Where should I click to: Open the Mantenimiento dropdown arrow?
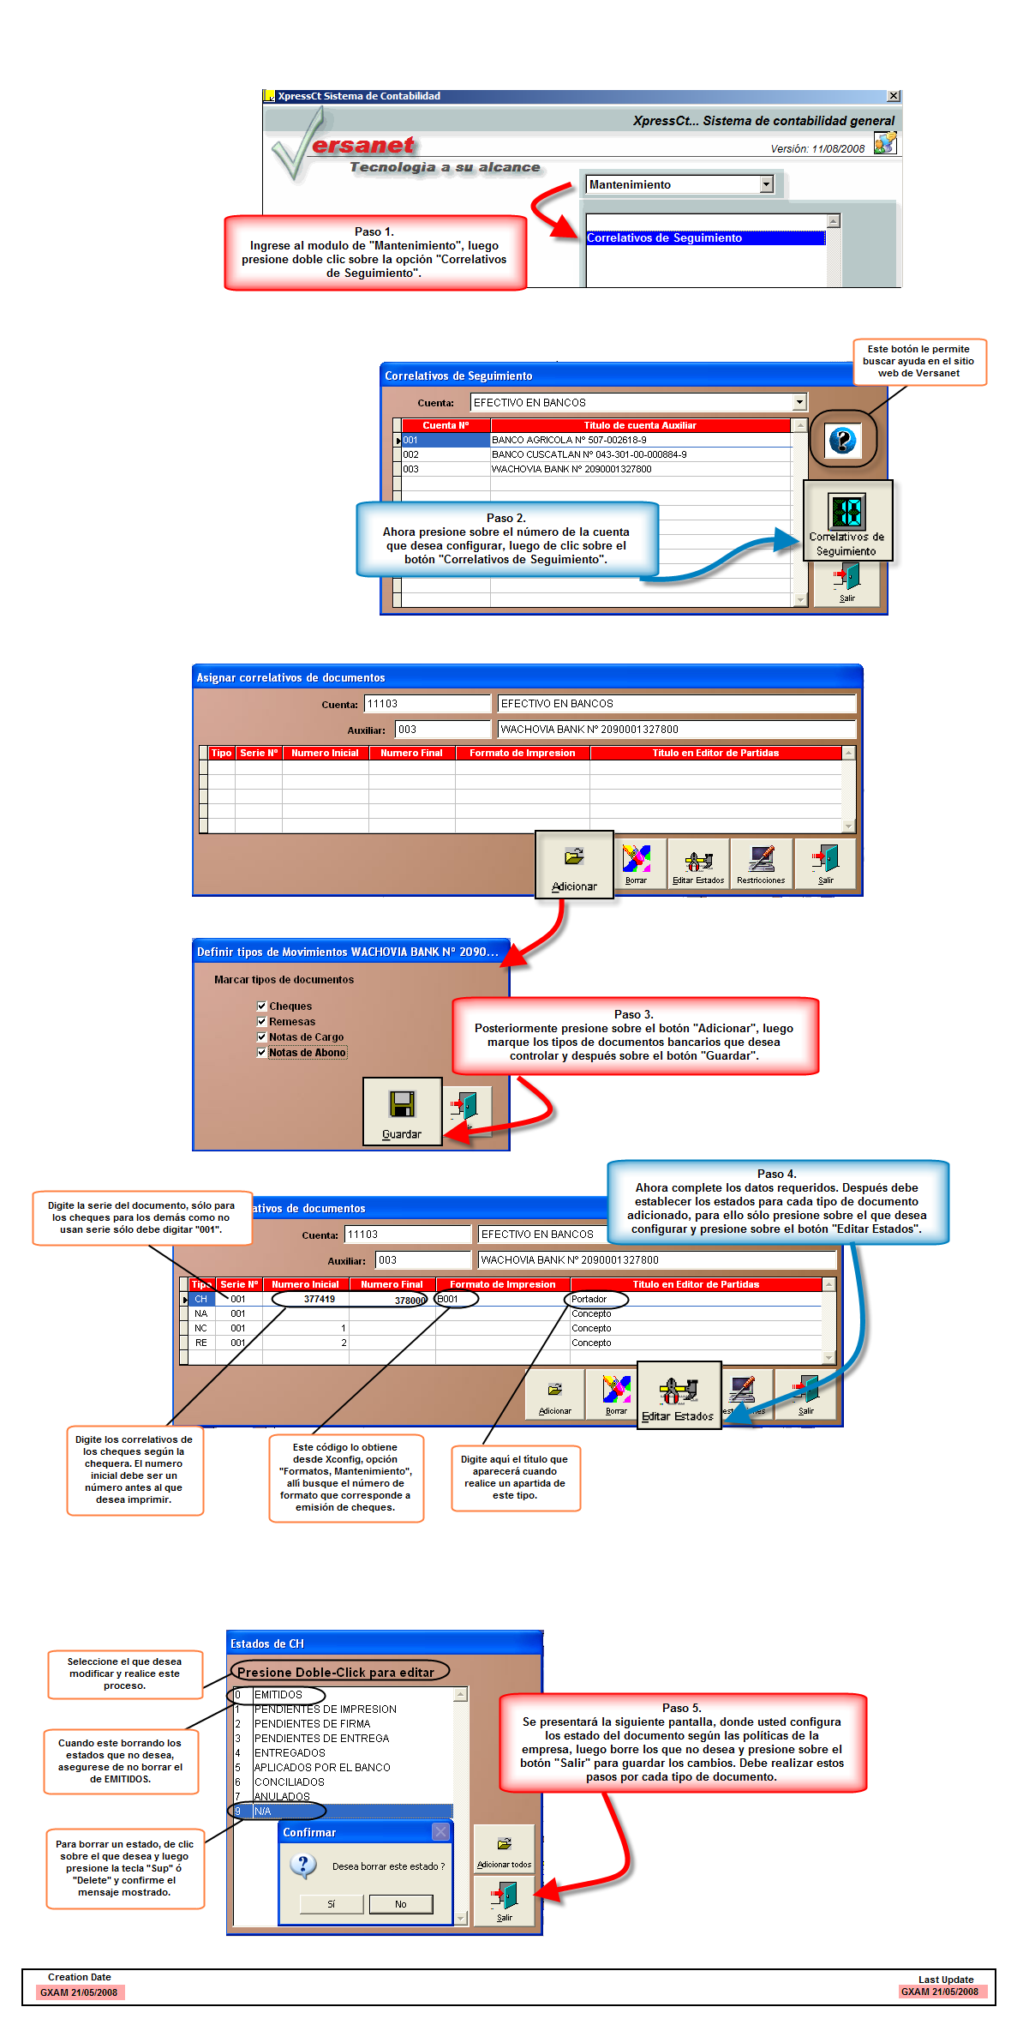(x=766, y=184)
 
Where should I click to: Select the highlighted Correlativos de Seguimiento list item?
(x=704, y=238)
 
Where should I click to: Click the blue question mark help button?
(x=842, y=441)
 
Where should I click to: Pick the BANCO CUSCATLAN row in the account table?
(x=589, y=454)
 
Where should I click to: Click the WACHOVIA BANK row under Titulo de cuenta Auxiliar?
(x=571, y=469)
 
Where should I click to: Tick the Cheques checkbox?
(x=262, y=1006)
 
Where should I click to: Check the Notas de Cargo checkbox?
(x=262, y=1037)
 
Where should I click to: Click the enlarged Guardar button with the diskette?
(x=402, y=1112)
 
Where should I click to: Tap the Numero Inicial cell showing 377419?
(x=319, y=1299)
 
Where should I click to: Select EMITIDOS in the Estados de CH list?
(x=278, y=1695)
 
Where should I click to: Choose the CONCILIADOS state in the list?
(x=290, y=1782)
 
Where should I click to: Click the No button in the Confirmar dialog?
(x=400, y=1904)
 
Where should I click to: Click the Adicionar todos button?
(x=504, y=1852)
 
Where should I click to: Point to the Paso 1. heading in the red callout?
(x=374, y=231)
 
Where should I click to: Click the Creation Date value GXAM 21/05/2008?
(x=79, y=1992)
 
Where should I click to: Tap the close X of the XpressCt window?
(x=894, y=96)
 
